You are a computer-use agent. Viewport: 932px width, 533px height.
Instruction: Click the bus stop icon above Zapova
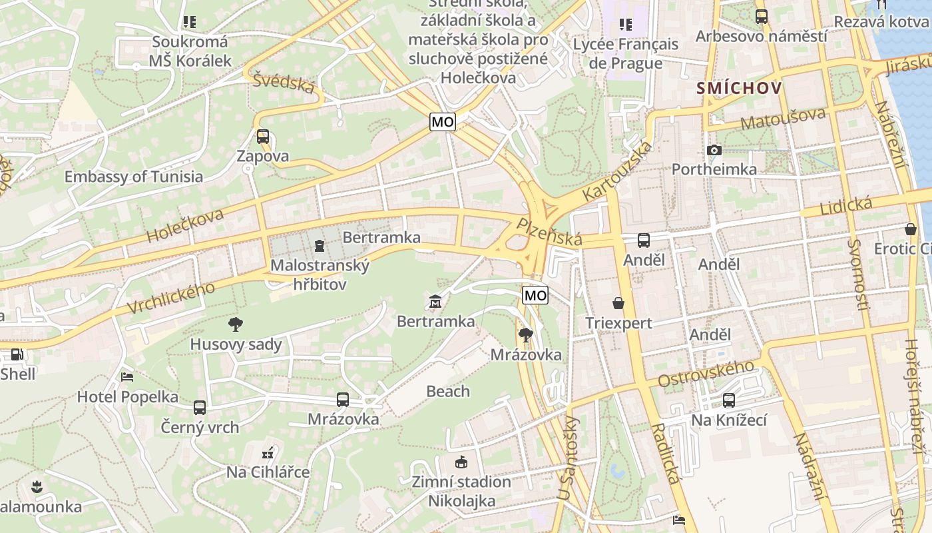[x=263, y=137]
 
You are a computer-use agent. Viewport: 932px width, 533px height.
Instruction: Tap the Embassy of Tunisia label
[x=133, y=177]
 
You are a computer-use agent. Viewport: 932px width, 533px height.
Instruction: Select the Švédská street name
[x=284, y=83]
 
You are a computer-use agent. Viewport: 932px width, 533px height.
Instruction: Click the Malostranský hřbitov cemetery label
[x=320, y=274]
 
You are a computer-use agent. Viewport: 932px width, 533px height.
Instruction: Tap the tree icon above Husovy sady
[x=235, y=325]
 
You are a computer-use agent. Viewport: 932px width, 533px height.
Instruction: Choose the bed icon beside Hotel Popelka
[x=127, y=377]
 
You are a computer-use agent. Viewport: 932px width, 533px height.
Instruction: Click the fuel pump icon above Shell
[x=17, y=354]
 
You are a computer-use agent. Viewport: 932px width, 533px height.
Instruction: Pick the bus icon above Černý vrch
[x=200, y=408]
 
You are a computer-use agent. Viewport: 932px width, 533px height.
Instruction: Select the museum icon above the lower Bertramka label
[x=435, y=302]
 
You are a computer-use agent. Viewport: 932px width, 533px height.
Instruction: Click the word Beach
[x=448, y=391]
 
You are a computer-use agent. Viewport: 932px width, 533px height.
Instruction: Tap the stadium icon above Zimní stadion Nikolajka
[x=461, y=462]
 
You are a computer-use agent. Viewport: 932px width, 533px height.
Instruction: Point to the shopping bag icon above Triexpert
[x=618, y=304]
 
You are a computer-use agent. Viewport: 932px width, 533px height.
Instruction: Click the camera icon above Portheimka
[x=714, y=150]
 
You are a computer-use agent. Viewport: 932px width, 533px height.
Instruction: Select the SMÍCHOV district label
[x=739, y=87]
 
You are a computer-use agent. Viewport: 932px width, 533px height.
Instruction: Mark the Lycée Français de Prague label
[x=626, y=53]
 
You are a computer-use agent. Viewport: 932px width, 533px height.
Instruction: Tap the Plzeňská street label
[x=550, y=232]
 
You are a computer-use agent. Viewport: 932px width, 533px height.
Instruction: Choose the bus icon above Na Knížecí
[x=729, y=400]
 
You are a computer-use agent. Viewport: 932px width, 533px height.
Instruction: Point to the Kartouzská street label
[x=617, y=171]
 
